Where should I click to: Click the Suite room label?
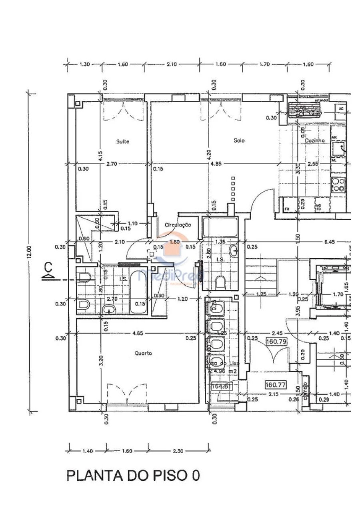122,141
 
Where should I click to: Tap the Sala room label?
239,141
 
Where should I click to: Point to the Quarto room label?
143,353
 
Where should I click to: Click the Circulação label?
178,225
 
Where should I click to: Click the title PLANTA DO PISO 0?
132,476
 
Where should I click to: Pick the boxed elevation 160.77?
276,385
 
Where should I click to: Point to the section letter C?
48,266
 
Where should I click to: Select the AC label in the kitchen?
341,108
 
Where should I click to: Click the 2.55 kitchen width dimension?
313,164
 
